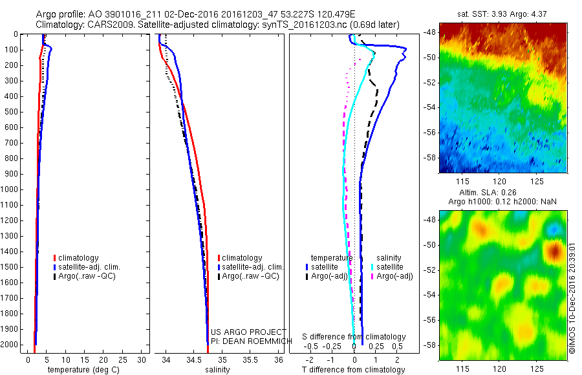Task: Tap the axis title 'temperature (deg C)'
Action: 81,370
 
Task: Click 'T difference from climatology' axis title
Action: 354,370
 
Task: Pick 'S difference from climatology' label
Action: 354,337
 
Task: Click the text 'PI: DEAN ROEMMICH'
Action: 242,341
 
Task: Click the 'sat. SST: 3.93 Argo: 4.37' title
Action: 503,14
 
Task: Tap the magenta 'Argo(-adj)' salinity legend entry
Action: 394,276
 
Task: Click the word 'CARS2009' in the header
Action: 105,25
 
